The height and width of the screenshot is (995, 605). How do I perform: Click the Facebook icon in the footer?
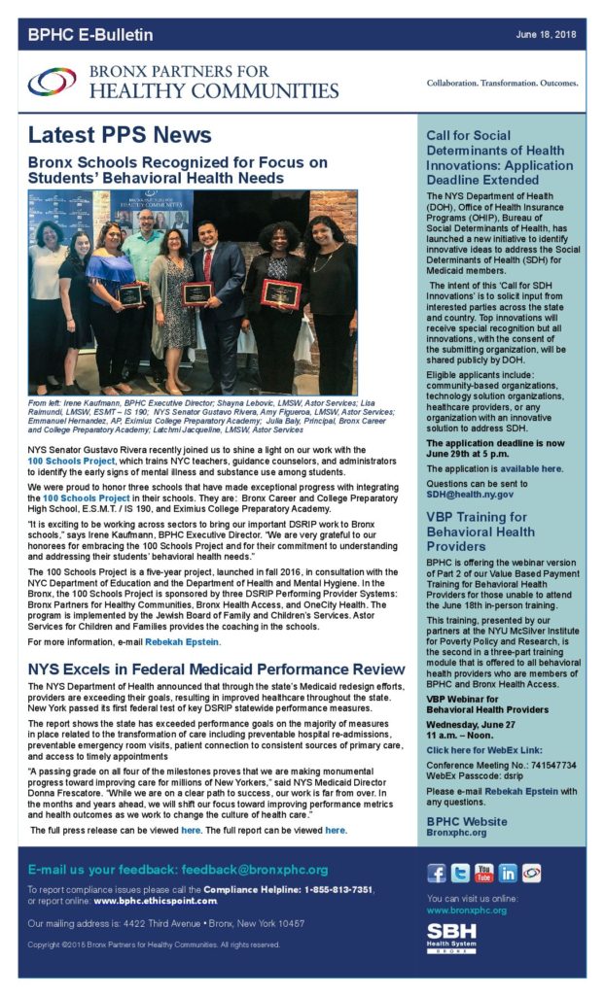[x=438, y=872]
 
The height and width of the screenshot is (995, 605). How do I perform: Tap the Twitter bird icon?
[x=460, y=872]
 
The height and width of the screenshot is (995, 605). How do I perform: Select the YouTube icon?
[x=483, y=872]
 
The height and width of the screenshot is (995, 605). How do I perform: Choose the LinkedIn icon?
[x=507, y=872]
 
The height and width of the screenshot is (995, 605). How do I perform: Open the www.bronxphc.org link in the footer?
[x=466, y=910]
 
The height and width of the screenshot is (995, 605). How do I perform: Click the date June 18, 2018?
[x=547, y=34]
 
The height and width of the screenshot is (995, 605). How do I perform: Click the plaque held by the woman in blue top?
[x=129, y=293]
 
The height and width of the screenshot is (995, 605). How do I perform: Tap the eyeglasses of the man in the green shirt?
[x=146, y=218]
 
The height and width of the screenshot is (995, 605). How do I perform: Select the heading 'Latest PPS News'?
[x=120, y=135]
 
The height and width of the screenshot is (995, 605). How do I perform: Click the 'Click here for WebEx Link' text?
[x=482, y=750]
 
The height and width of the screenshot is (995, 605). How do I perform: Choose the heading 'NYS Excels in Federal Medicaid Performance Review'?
[x=216, y=669]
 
